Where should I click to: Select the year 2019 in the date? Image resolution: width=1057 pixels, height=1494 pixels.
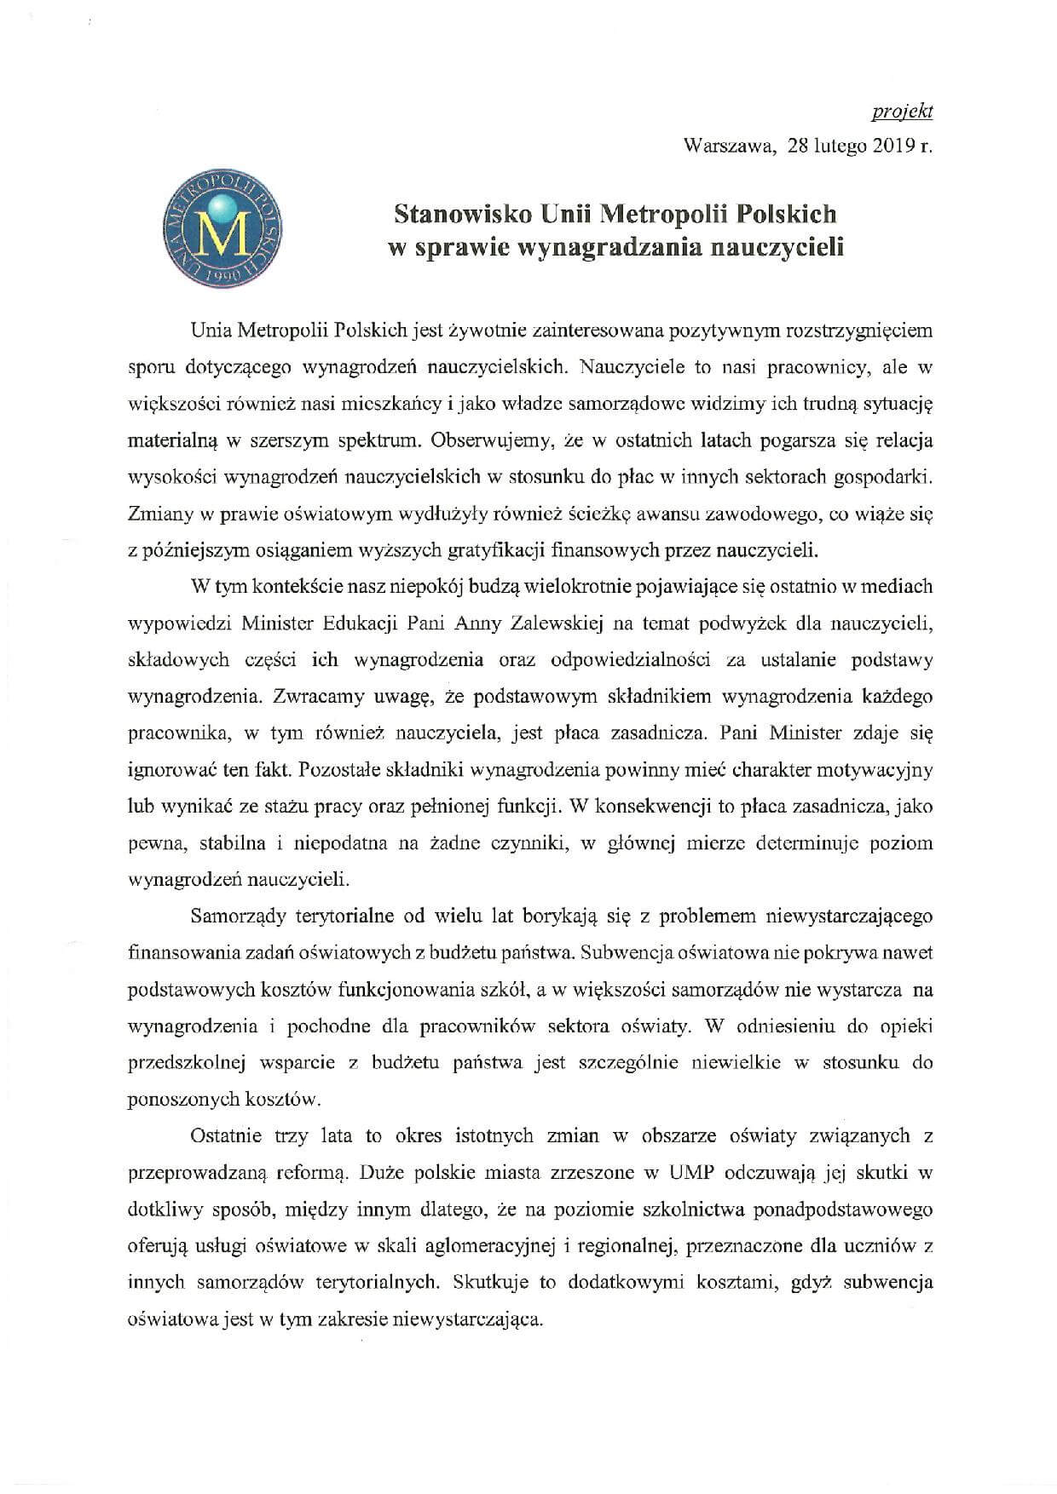coord(891,146)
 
